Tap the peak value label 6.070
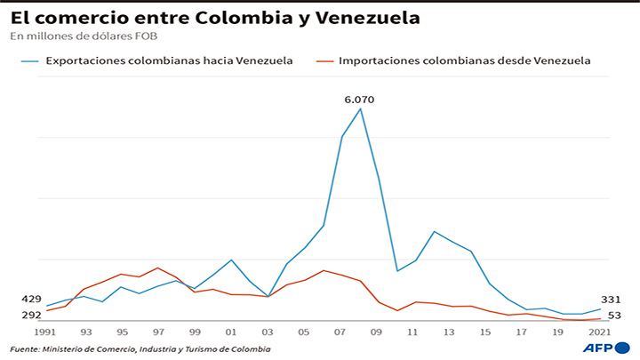point(359,100)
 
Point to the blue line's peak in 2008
point(360,108)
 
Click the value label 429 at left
point(30,300)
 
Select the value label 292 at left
point(30,315)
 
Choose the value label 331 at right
point(610,300)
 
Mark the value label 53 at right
point(613,315)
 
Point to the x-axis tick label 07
point(340,332)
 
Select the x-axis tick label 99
point(195,332)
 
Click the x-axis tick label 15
point(486,332)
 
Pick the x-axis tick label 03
point(268,332)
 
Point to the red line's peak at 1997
point(157,268)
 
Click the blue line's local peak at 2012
point(433,231)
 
